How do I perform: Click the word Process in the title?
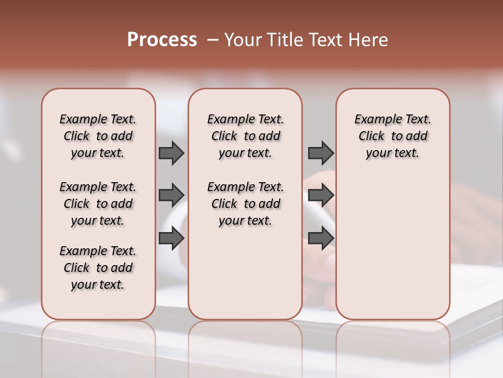pyautogui.click(x=162, y=40)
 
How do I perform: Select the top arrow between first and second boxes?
pyautogui.click(x=171, y=153)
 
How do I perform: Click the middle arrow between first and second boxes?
pyautogui.click(x=171, y=195)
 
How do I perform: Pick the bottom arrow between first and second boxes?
pyautogui.click(x=171, y=238)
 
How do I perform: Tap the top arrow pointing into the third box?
pyautogui.click(x=321, y=153)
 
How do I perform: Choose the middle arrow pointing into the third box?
pyautogui.click(x=321, y=195)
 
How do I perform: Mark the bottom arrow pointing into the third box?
pyautogui.click(x=321, y=238)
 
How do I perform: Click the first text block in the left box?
pyautogui.click(x=98, y=136)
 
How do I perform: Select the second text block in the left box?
pyautogui.click(x=98, y=204)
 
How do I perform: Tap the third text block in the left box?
pyautogui.click(x=98, y=268)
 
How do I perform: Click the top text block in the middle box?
pyautogui.click(x=245, y=136)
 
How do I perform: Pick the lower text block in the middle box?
pyautogui.click(x=245, y=204)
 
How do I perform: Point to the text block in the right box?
pyautogui.click(x=392, y=136)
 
